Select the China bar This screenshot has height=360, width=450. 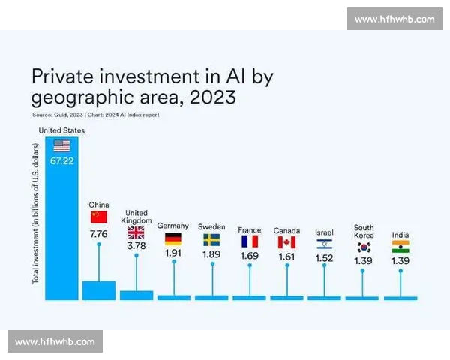pyautogui.click(x=99, y=290)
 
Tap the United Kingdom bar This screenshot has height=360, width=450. pyautogui.click(x=136, y=295)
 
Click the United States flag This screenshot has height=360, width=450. pyautogui.click(x=61, y=145)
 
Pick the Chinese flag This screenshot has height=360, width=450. pyautogui.click(x=99, y=217)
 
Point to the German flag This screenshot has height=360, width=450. pyautogui.click(x=173, y=240)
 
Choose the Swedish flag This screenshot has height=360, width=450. pyautogui.click(x=211, y=240)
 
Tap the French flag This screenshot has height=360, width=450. pyautogui.click(x=249, y=241)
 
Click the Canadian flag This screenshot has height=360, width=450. pyautogui.click(x=286, y=241)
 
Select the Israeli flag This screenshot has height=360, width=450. pyautogui.click(x=324, y=244)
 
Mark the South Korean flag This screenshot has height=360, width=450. pyautogui.click(x=364, y=246)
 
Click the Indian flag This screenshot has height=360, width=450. pyautogui.click(x=400, y=246)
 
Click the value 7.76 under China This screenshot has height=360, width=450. pyautogui.click(x=99, y=234)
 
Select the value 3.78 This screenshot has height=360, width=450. pyautogui.click(x=136, y=244)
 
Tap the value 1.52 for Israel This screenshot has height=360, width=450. pyautogui.click(x=324, y=257)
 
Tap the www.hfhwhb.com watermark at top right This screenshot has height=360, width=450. pyautogui.click(x=393, y=19)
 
